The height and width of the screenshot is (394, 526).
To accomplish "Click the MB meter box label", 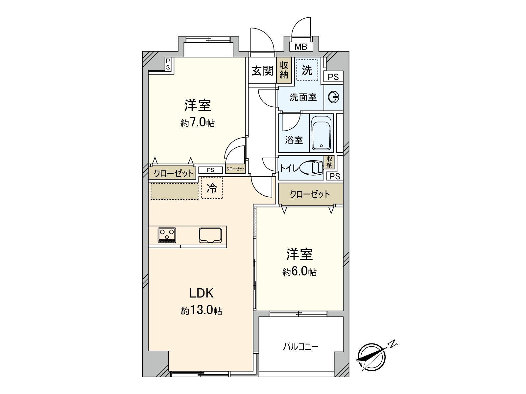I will [x=300, y=47].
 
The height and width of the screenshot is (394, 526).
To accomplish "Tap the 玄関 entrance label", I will [x=262, y=71].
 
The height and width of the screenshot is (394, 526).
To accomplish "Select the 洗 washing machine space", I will [x=307, y=70].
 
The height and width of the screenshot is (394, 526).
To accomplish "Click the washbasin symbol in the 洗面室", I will [x=333, y=97].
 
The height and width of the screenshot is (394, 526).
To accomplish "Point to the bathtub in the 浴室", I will [x=321, y=133].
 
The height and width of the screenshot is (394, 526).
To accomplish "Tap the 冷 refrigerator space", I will [x=212, y=188].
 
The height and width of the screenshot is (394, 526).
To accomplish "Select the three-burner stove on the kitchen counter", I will [x=167, y=235].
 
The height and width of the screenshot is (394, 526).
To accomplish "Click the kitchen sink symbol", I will [x=210, y=235].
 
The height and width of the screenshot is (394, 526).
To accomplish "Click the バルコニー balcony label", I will [x=301, y=347].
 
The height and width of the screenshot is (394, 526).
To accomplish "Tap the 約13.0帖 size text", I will [x=201, y=310].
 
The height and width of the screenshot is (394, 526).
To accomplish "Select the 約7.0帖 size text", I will [x=198, y=123].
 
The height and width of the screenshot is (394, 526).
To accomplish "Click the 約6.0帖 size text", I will [x=299, y=272].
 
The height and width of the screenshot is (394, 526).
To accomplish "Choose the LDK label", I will [x=201, y=293].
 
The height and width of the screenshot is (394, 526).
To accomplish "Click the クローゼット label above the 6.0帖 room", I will [x=310, y=194].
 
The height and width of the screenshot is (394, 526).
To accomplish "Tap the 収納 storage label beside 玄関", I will [x=284, y=70].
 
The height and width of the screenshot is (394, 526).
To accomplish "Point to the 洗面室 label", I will [x=303, y=97].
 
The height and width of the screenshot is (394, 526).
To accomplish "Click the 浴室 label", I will [x=294, y=140].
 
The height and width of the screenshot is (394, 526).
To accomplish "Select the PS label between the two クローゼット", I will [x=210, y=170].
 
